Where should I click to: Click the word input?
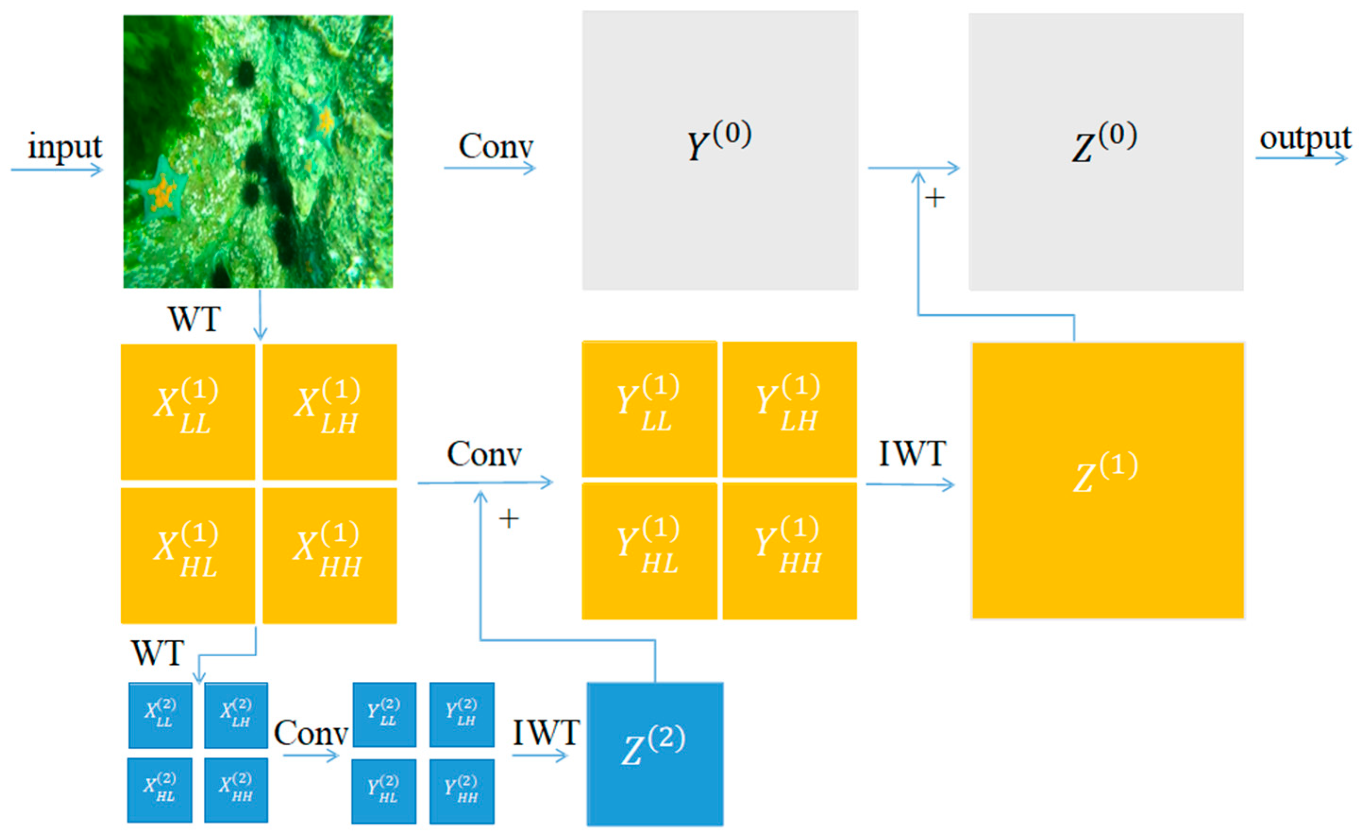click(65, 147)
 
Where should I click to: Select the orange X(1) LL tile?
click(188, 412)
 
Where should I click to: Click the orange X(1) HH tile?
click(329, 555)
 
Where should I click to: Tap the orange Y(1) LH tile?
click(789, 409)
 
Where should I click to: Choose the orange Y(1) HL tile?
click(649, 551)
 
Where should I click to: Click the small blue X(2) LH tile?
click(236, 715)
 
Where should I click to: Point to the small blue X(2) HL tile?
click(160, 790)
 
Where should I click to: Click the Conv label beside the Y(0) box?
click(495, 147)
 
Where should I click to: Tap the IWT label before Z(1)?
click(912, 454)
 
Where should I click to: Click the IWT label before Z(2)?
click(546, 733)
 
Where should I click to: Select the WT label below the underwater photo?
click(194, 319)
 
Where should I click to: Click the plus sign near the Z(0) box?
click(935, 198)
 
